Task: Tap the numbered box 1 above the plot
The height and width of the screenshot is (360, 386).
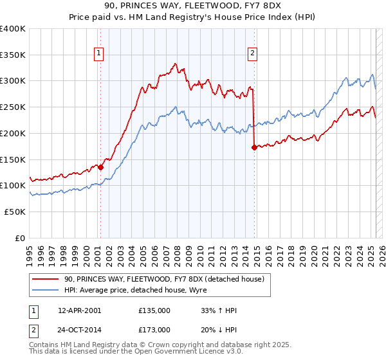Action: [100, 54]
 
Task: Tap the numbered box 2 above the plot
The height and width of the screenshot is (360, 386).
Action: [252, 54]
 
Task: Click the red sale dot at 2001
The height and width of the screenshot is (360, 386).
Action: [101, 167]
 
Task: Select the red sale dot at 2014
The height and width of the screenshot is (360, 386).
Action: [255, 147]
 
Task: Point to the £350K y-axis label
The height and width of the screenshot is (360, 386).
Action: [14, 55]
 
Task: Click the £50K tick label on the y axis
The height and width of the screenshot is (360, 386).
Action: [16, 212]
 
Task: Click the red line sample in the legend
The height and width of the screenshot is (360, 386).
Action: [46, 278]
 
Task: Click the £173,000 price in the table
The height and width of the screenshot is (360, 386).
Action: [154, 329]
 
